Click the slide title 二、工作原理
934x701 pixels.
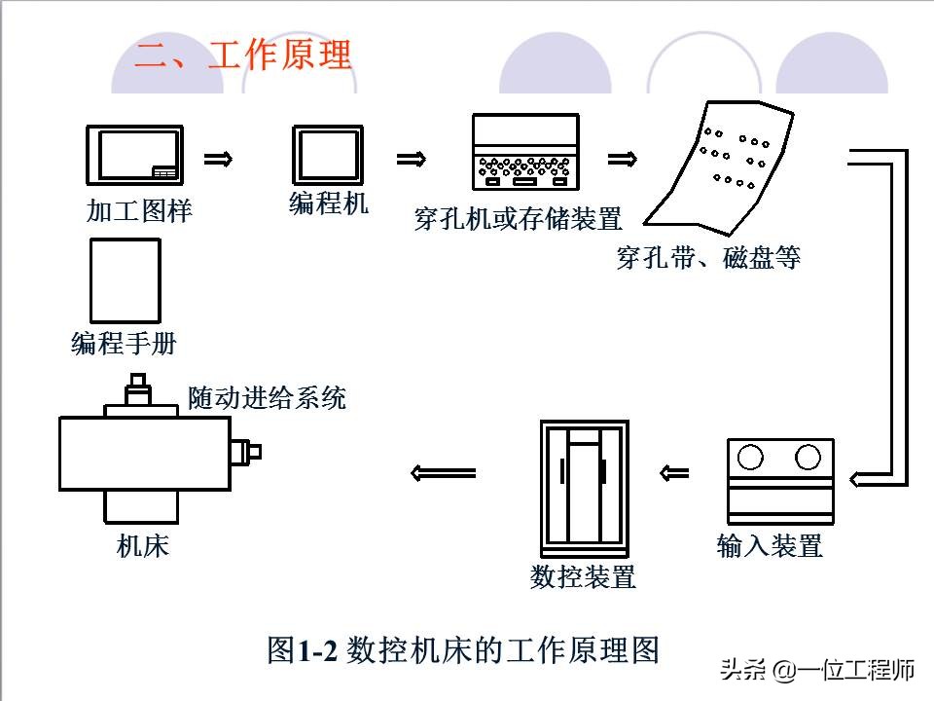pyautogui.click(x=242, y=55)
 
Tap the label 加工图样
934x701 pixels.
pyautogui.click(x=139, y=211)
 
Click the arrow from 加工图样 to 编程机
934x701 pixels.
pyautogui.click(x=218, y=159)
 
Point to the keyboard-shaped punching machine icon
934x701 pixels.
pyautogui.click(x=525, y=153)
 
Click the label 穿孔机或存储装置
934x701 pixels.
pyautogui.click(x=518, y=219)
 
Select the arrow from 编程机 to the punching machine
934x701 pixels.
pyautogui.click(x=411, y=159)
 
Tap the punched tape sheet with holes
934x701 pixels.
pyautogui.click(x=724, y=166)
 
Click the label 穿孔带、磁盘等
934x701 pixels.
pyautogui.click(x=708, y=258)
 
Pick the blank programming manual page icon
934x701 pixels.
pyautogui.click(x=125, y=281)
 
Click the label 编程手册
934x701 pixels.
pyautogui.click(x=125, y=344)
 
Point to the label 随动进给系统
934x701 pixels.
pyautogui.click(x=267, y=397)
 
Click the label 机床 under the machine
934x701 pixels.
pyautogui.click(x=143, y=546)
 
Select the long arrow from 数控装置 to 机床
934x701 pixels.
pyautogui.click(x=444, y=474)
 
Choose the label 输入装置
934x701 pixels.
pyautogui.click(x=770, y=545)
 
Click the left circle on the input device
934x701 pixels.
pyautogui.click(x=750, y=457)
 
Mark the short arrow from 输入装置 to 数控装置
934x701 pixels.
pyautogui.click(x=673, y=474)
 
